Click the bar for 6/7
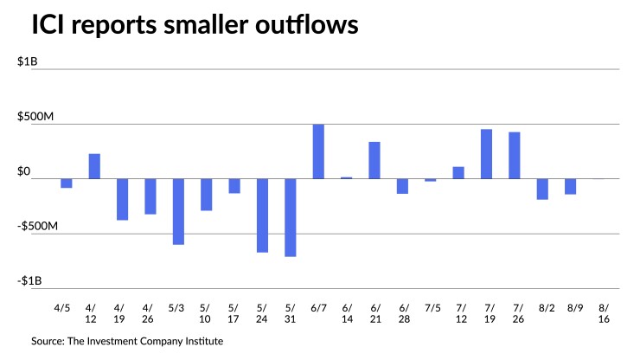click(x=318, y=151)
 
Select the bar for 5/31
click(x=291, y=217)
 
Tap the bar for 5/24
click(x=262, y=215)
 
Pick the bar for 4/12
click(x=94, y=166)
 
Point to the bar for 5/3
click(x=178, y=211)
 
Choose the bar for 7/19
click(x=486, y=154)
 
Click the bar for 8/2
click(x=542, y=189)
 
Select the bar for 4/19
click(x=122, y=199)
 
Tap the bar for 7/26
click(x=515, y=156)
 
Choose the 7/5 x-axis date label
click(x=431, y=305)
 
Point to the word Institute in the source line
click(x=202, y=342)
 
